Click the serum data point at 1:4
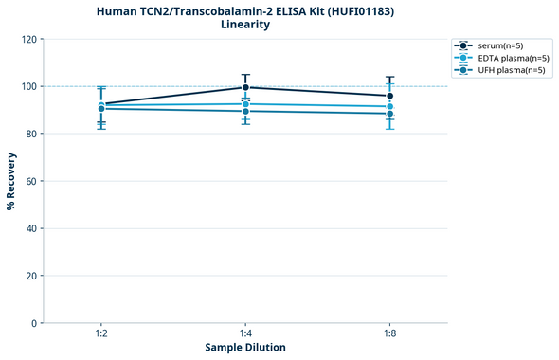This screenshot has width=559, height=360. pos(245,87)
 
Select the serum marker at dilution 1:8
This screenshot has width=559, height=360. pos(389,96)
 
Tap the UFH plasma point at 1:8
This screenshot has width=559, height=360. pos(389,114)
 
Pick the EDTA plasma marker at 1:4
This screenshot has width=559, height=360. pos(245,104)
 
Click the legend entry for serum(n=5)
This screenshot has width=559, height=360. pos(498,45)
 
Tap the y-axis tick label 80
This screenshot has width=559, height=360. pos(31,134)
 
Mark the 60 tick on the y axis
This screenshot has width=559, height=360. pos(31,181)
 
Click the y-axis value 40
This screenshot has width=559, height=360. pos(31,228)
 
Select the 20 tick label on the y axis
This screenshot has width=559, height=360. pos(31,276)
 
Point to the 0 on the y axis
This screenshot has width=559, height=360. pos(34,323)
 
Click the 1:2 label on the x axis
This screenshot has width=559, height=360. pos(101,334)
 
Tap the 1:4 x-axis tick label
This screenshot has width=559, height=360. pos(245,334)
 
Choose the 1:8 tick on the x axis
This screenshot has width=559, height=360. pos(389,334)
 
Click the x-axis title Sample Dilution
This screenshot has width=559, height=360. pos(245,348)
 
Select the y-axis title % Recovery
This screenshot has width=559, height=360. pos(10,181)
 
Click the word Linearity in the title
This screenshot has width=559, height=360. pos(245,25)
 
